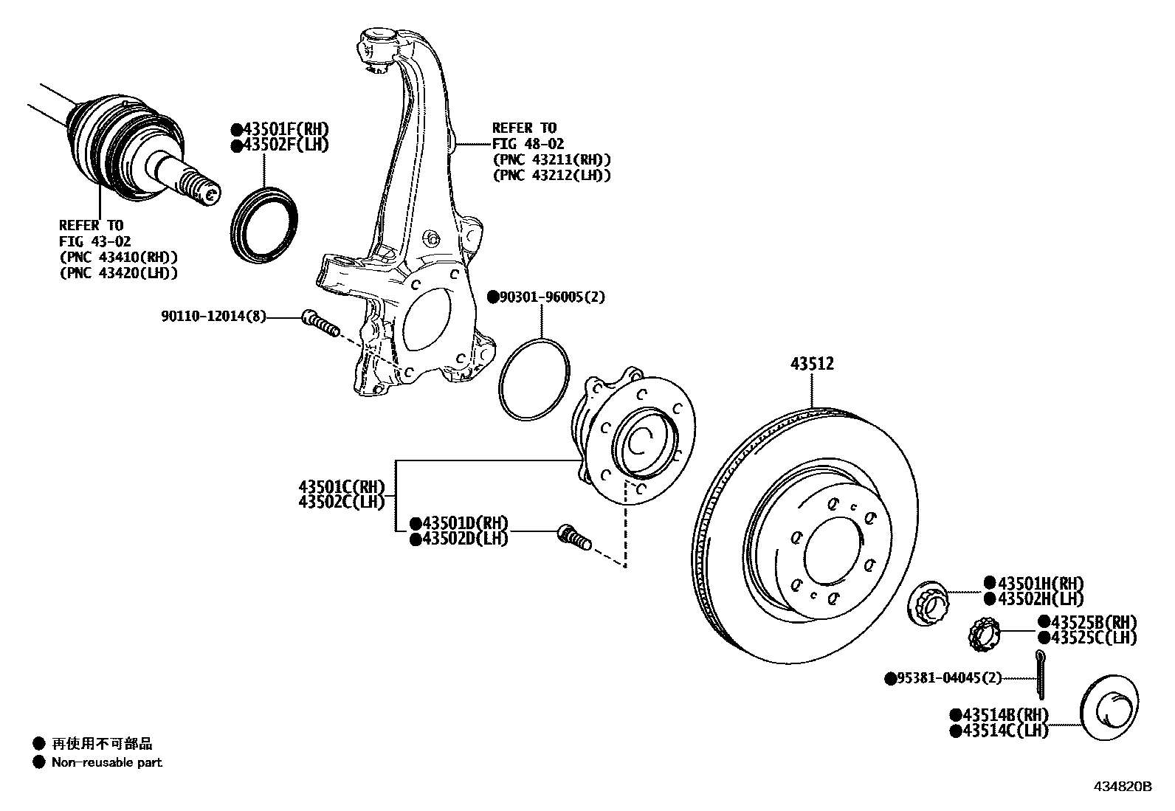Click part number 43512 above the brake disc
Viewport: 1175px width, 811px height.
coord(812,364)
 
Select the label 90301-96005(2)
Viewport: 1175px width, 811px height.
coord(546,297)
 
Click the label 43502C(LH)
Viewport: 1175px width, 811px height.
coord(342,503)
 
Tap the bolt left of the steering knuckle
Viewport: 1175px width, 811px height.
coord(320,322)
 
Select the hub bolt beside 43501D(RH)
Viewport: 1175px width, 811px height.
coord(573,537)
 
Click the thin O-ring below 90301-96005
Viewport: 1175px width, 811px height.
coord(534,379)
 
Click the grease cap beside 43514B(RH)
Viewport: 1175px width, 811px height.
coord(1109,711)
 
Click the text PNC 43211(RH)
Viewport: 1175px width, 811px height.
coord(552,159)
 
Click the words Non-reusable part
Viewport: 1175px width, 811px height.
coord(106,762)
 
